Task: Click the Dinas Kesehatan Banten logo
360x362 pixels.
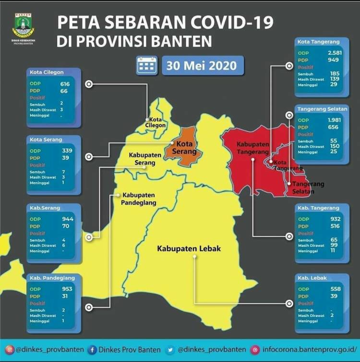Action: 23,25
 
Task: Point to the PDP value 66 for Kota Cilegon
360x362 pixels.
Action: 64,91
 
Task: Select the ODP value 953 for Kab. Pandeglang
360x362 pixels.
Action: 67,289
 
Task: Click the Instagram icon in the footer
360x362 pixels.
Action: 9,350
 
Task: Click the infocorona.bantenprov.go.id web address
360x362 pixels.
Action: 307,350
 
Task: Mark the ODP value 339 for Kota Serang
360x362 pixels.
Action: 67,150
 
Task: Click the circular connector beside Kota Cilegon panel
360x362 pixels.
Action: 88,84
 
